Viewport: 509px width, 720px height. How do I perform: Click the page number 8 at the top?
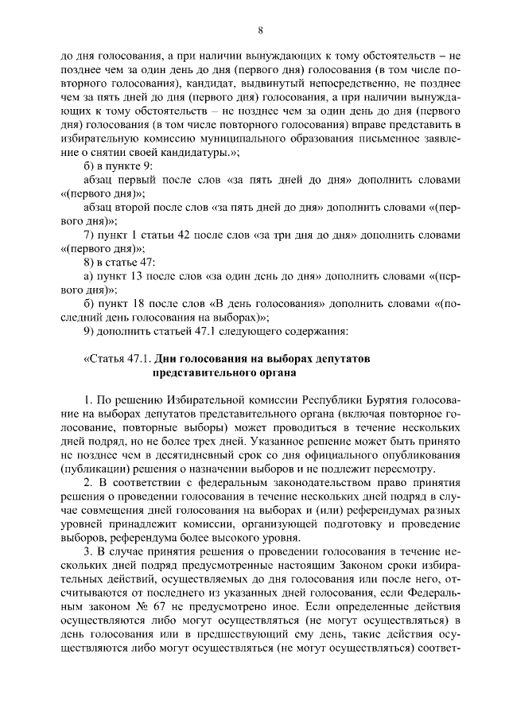[260, 29]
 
